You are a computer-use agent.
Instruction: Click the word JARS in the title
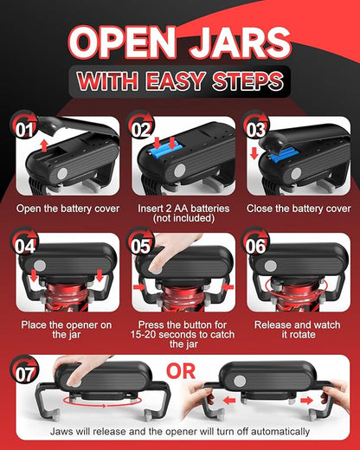pyautogui.click(x=240, y=42)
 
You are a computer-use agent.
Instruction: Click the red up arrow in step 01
pyautogui.click(x=44, y=145)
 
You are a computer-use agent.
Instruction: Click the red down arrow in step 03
pyautogui.click(x=254, y=153)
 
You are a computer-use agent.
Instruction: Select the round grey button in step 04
pyautogui.click(x=40, y=266)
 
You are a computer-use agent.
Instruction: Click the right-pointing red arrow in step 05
pyautogui.click(x=139, y=287)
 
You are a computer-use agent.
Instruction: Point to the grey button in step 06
pyautogui.click(x=271, y=266)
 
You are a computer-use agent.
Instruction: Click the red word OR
pyautogui.click(x=181, y=371)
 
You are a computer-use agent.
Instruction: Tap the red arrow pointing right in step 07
pyautogui.click(x=306, y=401)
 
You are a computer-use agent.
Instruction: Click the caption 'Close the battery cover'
pyautogui.click(x=299, y=209)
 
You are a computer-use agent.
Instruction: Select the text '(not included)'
pyautogui.click(x=183, y=218)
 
